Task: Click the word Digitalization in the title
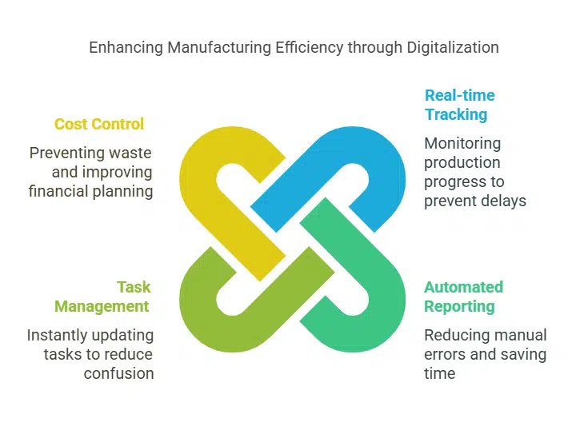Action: [453, 47]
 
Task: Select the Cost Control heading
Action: [99, 124]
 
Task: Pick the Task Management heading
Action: [102, 297]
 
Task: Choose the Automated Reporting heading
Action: [463, 297]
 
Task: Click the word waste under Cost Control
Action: [130, 152]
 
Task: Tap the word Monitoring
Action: [462, 144]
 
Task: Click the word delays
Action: [503, 201]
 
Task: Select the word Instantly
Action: [57, 335]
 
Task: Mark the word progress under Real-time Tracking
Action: [450, 181]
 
